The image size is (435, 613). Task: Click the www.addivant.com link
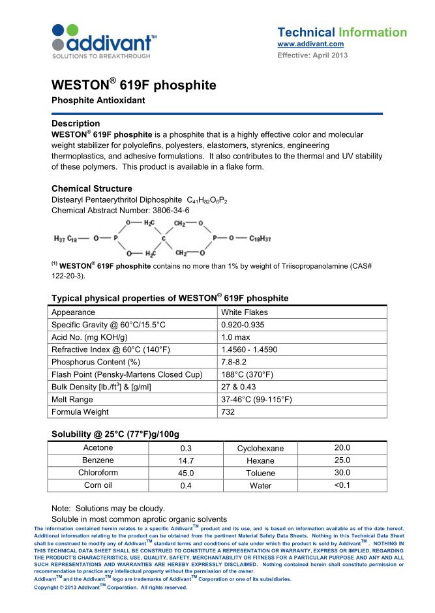pos(310,44)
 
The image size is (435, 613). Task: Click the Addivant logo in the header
pos(104,40)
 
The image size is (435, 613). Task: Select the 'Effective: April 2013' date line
pos(312,55)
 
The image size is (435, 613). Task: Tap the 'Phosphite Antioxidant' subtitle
pos(98,100)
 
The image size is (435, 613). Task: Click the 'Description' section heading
pos(76,123)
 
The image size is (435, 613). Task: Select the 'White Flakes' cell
pos(245,312)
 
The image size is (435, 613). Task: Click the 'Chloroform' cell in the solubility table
pos(98,473)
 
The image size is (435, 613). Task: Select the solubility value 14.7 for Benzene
pos(185,460)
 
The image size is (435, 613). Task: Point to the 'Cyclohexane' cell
pos(260,448)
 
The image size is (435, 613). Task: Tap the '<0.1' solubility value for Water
pos(342,485)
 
